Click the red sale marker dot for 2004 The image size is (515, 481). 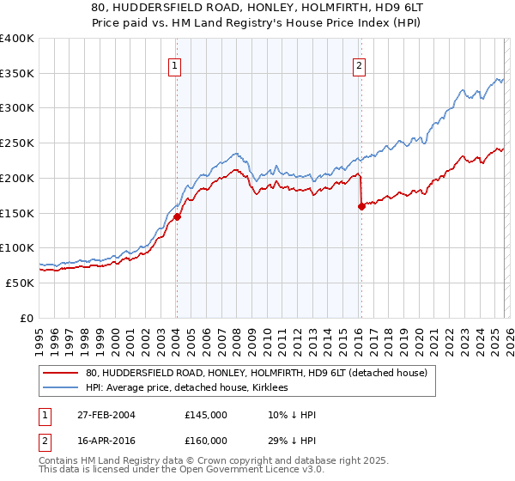pyautogui.click(x=177, y=217)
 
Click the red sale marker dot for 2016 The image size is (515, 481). pyautogui.click(x=361, y=206)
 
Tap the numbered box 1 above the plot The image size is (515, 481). pyautogui.click(x=175, y=65)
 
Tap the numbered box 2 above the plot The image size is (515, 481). pyautogui.click(x=359, y=65)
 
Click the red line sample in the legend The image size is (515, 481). pyautogui.click(x=62, y=372)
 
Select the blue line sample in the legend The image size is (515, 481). pyautogui.click(x=62, y=387)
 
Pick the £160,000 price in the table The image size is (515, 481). pyautogui.click(x=206, y=440)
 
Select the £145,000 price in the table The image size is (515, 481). pyautogui.click(x=206, y=415)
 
